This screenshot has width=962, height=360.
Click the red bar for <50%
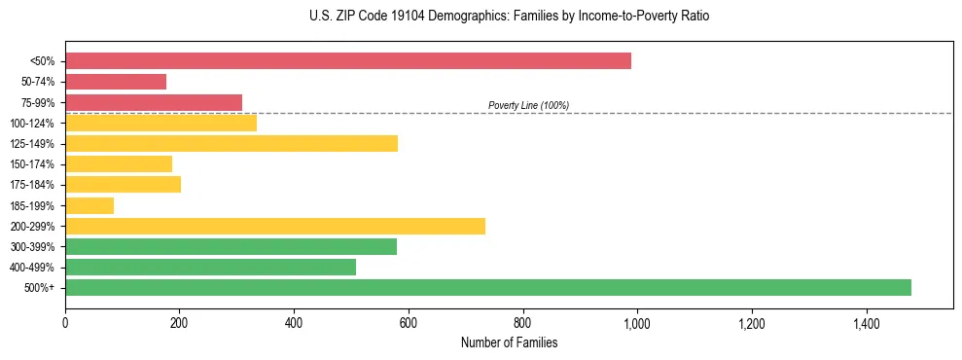click(348, 61)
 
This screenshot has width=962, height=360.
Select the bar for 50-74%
click(116, 82)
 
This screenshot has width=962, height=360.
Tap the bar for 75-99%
click(154, 102)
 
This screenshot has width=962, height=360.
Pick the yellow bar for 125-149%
click(232, 144)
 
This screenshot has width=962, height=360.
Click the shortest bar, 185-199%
click(89, 205)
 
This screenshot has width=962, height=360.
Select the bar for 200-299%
click(275, 227)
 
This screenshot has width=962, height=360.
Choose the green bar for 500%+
click(488, 288)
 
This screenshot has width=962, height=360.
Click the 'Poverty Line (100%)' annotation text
click(528, 105)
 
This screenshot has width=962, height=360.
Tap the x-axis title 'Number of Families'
click(509, 342)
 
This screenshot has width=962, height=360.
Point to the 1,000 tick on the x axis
click(637, 322)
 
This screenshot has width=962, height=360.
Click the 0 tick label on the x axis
click(65, 322)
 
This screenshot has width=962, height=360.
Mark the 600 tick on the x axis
click(409, 322)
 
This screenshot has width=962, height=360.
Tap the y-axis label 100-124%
click(32, 124)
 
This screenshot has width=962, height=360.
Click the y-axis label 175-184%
click(32, 185)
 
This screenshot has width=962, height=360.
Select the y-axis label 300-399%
click(32, 247)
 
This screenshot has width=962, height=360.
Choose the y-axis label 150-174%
click(32, 164)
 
